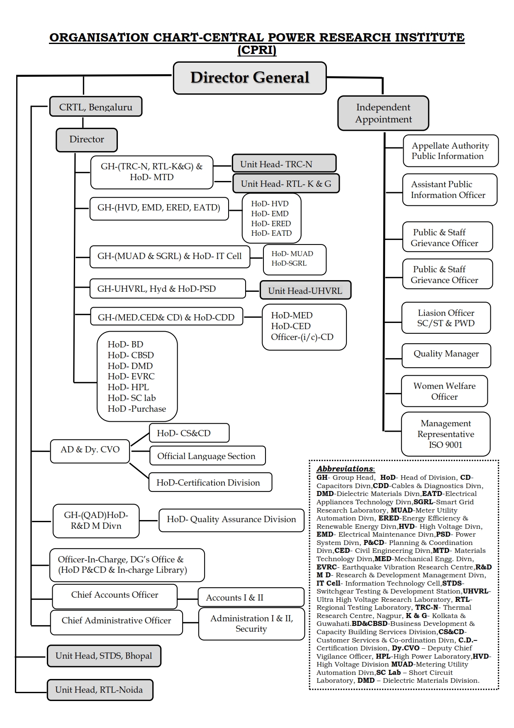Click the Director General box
point(250,78)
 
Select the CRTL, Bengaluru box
point(95,107)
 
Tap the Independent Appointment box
point(383,113)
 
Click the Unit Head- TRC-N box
point(284,164)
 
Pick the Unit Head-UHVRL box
point(305,291)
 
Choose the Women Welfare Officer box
point(444,391)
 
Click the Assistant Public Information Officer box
point(450,190)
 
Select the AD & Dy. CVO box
point(90,451)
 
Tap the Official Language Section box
point(207,456)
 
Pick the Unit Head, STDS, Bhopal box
point(104,656)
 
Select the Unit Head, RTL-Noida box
point(100,690)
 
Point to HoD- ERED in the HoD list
point(271,223)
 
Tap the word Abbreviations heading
point(346,469)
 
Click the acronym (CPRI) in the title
point(257,50)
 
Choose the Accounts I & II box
point(251,597)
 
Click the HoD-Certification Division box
point(210,482)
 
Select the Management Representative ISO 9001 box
point(446,434)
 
